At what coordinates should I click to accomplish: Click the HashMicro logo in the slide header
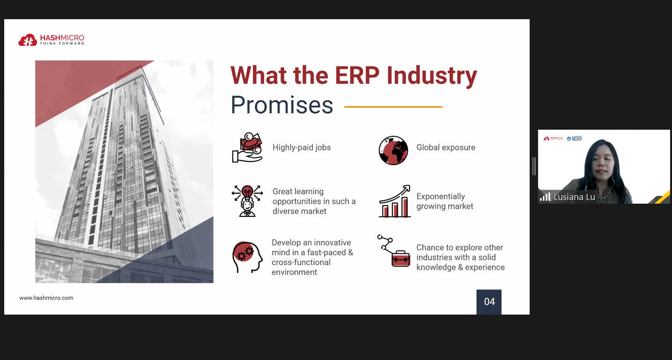click(x=52, y=40)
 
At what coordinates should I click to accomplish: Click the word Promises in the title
click(x=282, y=105)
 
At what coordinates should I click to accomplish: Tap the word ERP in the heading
click(x=357, y=75)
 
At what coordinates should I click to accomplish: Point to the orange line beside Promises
click(x=393, y=107)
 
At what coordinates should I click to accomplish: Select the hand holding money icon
click(x=247, y=147)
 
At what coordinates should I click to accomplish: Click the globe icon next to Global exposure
click(x=393, y=150)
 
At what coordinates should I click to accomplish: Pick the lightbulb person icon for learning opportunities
click(x=247, y=201)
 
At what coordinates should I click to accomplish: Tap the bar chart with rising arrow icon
click(x=394, y=201)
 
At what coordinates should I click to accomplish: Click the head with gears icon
click(x=247, y=257)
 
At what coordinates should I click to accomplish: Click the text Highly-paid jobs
click(x=302, y=147)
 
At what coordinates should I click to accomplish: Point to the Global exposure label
click(x=446, y=147)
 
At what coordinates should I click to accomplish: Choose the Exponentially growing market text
click(x=444, y=201)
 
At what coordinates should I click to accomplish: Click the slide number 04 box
click(x=489, y=302)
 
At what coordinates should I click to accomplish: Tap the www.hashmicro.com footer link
click(x=46, y=298)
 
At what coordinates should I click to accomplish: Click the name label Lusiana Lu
click(x=574, y=197)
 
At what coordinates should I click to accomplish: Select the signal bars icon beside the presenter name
click(x=545, y=197)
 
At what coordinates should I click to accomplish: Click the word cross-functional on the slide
click(x=301, y=262)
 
